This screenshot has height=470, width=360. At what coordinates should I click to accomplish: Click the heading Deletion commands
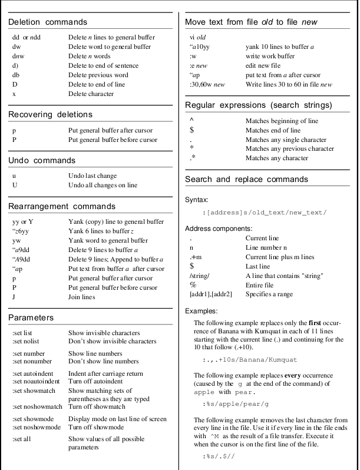coord(48,22)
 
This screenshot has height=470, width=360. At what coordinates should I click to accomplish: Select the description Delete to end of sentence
coord(103,66)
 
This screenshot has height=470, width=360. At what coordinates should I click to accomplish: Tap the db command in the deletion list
coord(16,75)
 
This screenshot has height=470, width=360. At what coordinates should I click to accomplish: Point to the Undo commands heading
coord(42,160)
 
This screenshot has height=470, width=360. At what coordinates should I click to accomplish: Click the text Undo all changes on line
coord(103,185)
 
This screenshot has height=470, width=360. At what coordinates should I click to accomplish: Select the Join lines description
coord(81,297)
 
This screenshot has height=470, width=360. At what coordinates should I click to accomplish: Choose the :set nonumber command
coord(32,361)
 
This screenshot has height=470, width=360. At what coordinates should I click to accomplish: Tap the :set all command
coord(23,439)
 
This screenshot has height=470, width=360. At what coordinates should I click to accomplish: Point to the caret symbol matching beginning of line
coord(191,120)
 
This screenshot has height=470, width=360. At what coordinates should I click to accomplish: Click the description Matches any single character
coord(286,140)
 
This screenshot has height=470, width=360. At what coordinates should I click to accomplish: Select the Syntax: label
coord(196,200)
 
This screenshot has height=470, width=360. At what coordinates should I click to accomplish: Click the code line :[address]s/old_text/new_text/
coord(264,212)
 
